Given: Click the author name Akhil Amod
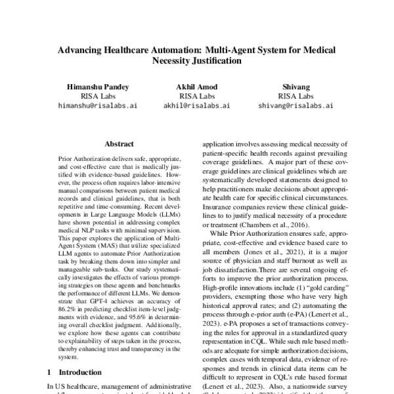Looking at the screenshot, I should point(197,86).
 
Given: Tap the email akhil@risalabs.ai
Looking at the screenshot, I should point(197,104).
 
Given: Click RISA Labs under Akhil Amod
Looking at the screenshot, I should point(197,95).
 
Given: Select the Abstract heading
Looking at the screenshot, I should point(119,143).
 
